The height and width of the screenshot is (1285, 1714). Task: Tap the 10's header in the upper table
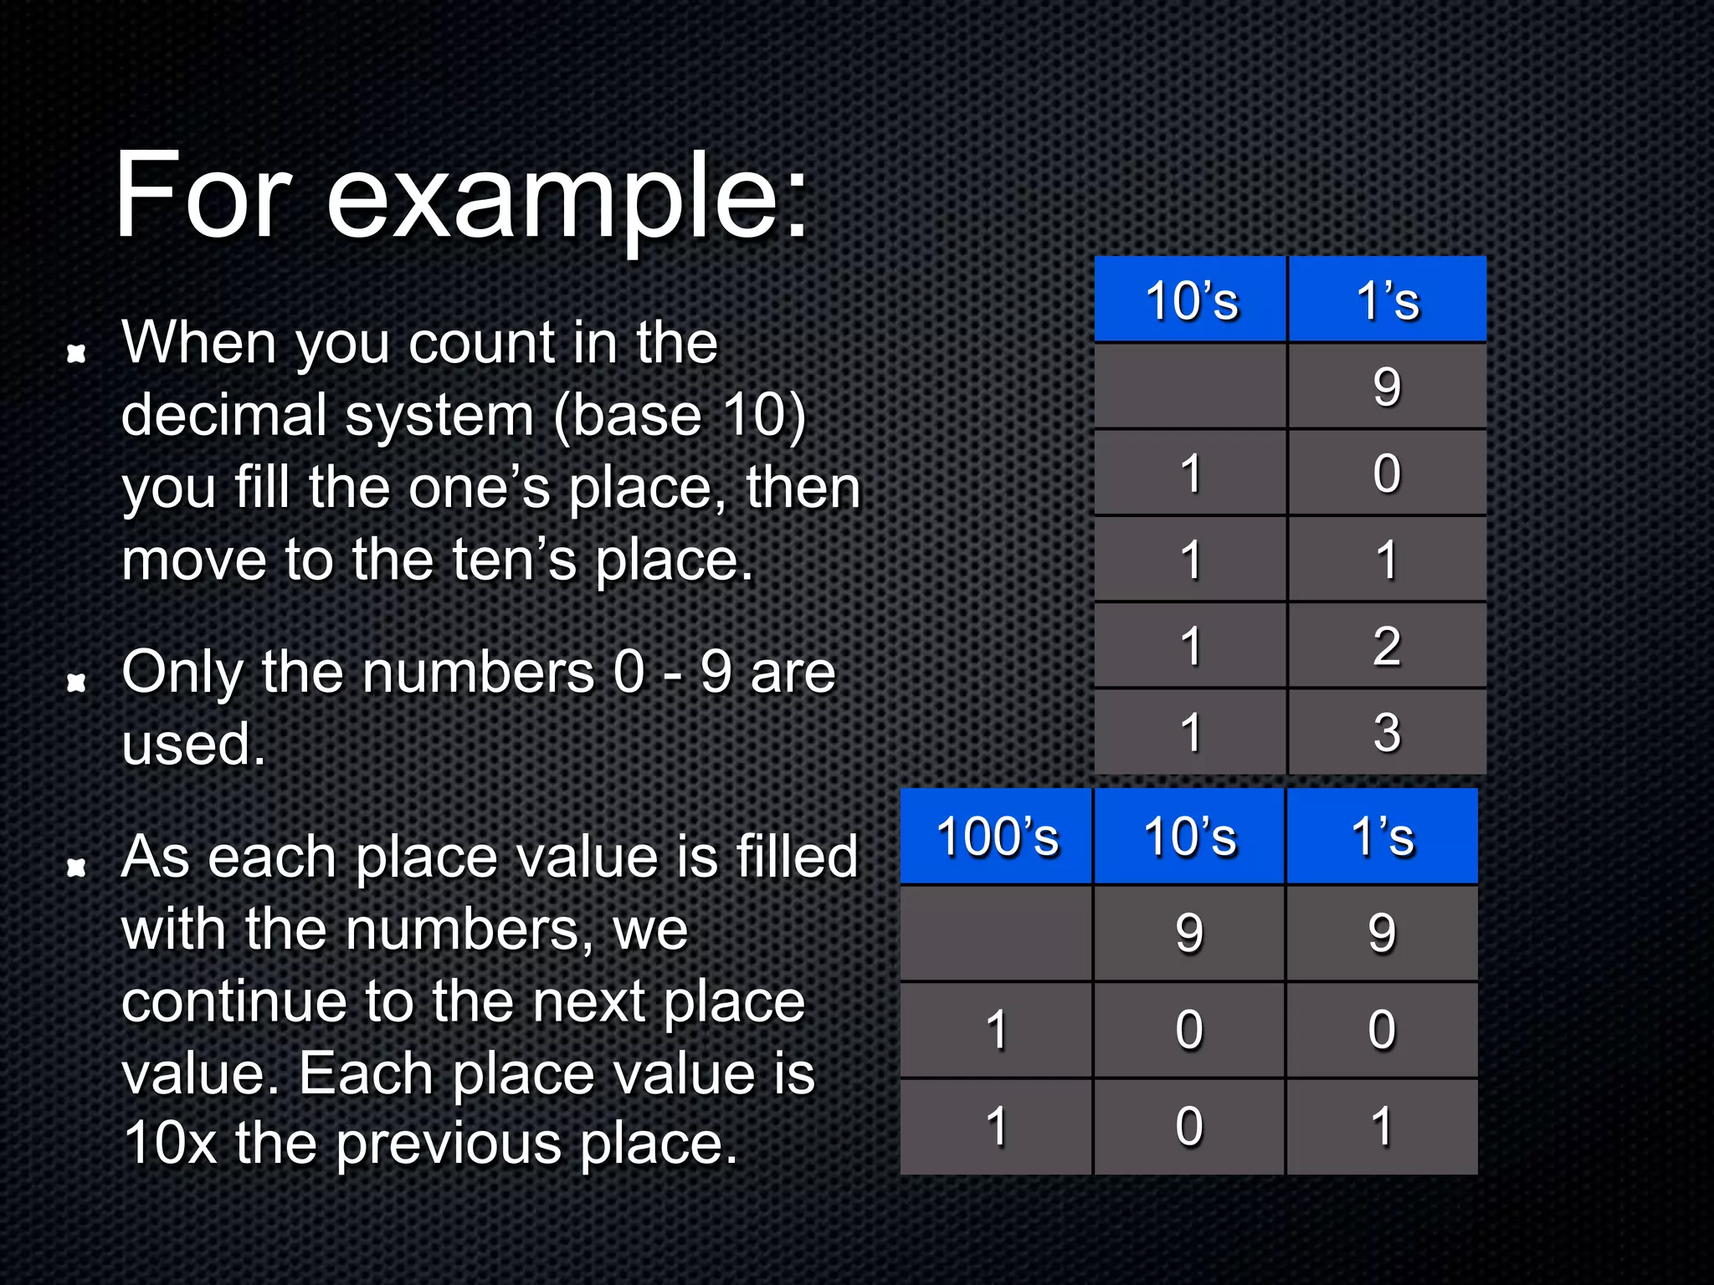click(1190, 300)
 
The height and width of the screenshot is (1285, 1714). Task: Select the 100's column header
click(997, 836)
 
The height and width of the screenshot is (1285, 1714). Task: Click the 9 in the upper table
click(1387, 387)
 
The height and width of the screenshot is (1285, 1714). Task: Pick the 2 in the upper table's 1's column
click(1387, 646)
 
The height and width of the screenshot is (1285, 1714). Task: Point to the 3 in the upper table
click(1387, 732)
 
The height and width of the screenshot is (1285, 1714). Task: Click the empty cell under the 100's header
click(996, 932)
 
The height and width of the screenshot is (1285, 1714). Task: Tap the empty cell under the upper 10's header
click(1190, 387)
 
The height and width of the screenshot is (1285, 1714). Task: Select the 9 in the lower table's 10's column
click(1189, 932)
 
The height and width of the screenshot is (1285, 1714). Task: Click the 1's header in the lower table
click(1383, 836)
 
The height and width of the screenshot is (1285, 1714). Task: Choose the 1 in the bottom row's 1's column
click(1383, 1126)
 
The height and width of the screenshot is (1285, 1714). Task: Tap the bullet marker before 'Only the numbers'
click(77, 683)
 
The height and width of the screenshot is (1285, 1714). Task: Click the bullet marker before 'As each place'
click(77, 868)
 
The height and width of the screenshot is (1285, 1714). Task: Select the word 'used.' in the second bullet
click(193, 744)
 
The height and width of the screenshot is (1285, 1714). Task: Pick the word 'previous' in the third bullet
click(448, 1144)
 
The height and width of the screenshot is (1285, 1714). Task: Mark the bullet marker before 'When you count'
click(77, 354)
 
